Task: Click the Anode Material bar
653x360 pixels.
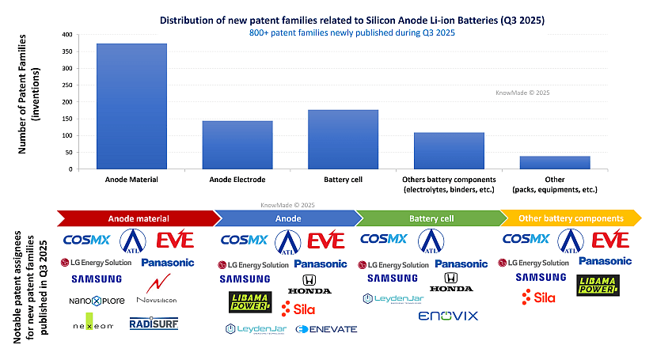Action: [131, 106]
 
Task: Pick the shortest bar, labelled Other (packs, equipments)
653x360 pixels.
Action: [555, 162]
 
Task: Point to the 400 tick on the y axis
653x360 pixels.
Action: [67, 35]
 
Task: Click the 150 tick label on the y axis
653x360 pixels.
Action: [67, 119]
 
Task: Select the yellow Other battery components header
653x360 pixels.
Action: [574, 218]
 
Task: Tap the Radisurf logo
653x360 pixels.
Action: [154, 324]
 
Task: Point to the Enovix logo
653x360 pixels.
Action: [448, 316]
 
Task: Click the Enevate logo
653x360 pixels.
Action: [326, 328]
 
